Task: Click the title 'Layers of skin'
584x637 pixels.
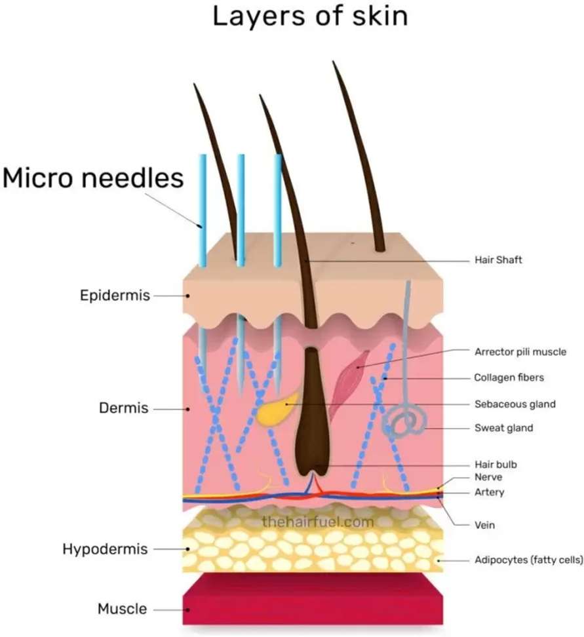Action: (x=310, y=17)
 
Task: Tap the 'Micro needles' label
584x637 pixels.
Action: (x=93, y=178)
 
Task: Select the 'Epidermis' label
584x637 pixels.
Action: (x=115, y=296)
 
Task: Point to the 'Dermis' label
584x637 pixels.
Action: (x=124, y=408)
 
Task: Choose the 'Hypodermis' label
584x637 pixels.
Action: (x=105, y=549)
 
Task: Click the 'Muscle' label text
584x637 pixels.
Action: (x=122, y=609)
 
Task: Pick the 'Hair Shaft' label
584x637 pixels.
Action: (x=498, y=260)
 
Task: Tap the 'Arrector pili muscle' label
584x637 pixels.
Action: (x=520, y=352)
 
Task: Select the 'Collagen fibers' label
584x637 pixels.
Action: (x=509, y=377)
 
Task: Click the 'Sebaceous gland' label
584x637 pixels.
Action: (x=515, y=404)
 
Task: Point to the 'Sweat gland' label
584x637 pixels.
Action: (x=503, y=428)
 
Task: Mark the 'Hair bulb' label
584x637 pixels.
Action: (x=496, y=465)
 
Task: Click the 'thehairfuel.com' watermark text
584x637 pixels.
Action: (x=317, y=522)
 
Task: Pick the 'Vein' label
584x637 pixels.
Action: (x=484, y=525)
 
